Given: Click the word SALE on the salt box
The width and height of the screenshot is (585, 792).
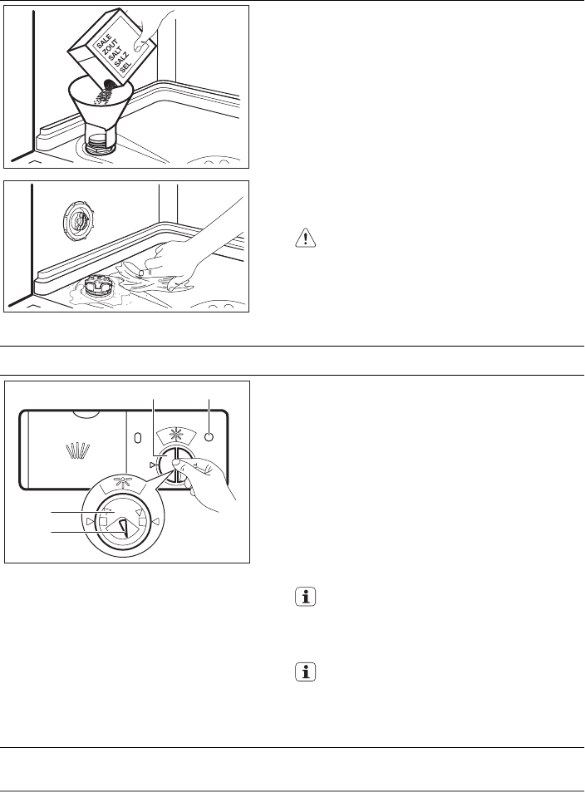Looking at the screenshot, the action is (104, 42).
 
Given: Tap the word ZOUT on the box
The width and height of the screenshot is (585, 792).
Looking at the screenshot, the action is (111, 48).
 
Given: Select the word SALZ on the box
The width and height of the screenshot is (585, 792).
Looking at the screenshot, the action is (122, 60).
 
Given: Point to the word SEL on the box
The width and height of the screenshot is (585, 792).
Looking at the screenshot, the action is (125, 67).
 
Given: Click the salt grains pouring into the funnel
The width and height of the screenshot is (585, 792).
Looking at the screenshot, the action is (105, 92).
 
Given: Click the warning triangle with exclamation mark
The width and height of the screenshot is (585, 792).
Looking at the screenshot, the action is (305, 238).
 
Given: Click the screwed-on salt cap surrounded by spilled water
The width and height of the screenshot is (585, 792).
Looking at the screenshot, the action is (99, 287).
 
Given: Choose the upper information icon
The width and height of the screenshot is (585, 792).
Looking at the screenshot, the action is (305, 597).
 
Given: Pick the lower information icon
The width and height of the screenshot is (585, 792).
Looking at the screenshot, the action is (305, 671).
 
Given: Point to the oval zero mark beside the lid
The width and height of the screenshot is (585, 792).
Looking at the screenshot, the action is (137, 438).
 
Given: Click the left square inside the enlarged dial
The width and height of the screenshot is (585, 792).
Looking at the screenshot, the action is (104, 521).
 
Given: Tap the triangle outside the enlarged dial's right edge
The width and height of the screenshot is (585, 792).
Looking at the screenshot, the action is (156, 521).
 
